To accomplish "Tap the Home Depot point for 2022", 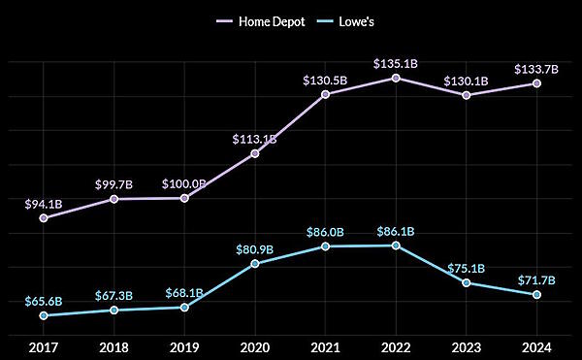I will tap(396, 78).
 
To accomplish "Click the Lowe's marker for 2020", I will tap(255, 263).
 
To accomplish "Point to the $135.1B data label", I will tap(396, 63).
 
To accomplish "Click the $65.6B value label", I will tap(44, 301).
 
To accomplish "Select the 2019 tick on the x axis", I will tap(184, 346).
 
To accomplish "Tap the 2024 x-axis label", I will tap(536, 346).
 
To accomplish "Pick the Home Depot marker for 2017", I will tap(44, 218).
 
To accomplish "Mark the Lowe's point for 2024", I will tap(536, 294).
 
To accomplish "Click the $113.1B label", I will tap(255, 139).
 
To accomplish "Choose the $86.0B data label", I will tap(325, 232).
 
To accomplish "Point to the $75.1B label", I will tap(467, 268).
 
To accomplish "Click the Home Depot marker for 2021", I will tap(325, 94).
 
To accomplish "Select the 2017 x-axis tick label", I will tap(44, 346).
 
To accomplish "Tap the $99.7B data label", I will tap(114, 184).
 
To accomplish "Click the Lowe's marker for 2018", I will tap(114, 311).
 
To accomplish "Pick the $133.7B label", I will tap(536, 69).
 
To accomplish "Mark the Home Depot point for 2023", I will tap(467, 95).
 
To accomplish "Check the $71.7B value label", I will tap(536, 279).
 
